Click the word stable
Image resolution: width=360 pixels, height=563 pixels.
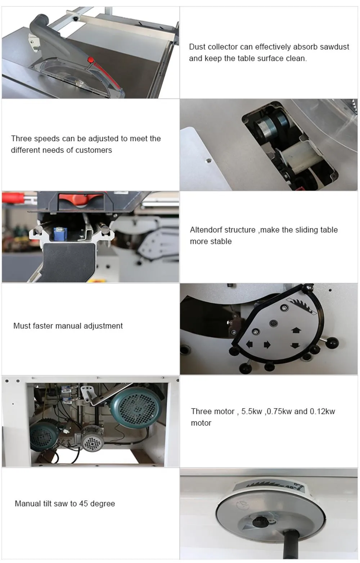click(x=221, y=241)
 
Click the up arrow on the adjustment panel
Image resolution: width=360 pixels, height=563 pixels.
click(x=296, y=330)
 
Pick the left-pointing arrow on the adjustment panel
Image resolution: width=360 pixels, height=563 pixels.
click(x=249, y=344)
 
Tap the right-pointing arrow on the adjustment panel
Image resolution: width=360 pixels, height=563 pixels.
click(x=267, y=345)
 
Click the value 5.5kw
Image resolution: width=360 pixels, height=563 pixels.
click(x=251, y=411)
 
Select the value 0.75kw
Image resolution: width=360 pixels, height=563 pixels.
click(x=279, y=411)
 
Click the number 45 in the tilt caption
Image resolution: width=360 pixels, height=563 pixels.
click(x=84, y=504)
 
